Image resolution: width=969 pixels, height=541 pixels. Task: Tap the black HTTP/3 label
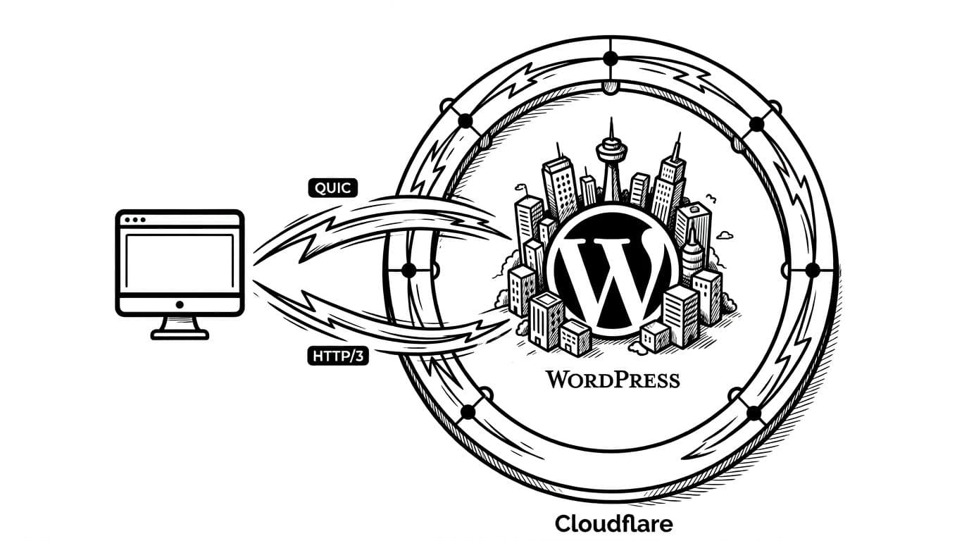tap(339, 356)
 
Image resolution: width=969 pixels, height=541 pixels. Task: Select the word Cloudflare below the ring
tap(613, 524)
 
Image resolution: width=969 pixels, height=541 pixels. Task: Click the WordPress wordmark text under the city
tap(613, 380)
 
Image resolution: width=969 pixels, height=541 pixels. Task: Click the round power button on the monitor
tap(180, 304)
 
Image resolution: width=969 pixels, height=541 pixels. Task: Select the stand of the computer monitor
tap(180, 328)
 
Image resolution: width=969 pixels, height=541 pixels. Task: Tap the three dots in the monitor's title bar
tap(135, 220)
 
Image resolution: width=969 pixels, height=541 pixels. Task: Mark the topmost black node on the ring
tap(610, 58)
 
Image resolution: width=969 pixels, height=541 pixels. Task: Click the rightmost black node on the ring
tap(811, 269)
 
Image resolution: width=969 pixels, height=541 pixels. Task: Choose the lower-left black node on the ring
tap(466, 413)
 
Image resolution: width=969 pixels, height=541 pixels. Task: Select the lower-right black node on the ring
tap(753, 413)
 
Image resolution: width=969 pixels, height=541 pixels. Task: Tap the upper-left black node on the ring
tap(465, 121)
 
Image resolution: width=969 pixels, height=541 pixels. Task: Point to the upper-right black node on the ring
tap(756, 124)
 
